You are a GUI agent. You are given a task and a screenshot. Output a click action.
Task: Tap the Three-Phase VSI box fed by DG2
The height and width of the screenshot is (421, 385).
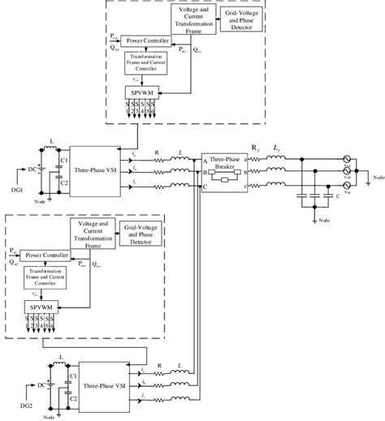(x=103, y=382)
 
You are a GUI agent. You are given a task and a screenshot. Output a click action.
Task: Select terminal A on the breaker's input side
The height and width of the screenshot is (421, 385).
(x=205, y=158)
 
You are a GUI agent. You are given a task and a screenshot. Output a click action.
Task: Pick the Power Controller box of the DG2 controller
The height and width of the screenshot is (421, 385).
(x=43, y=254)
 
